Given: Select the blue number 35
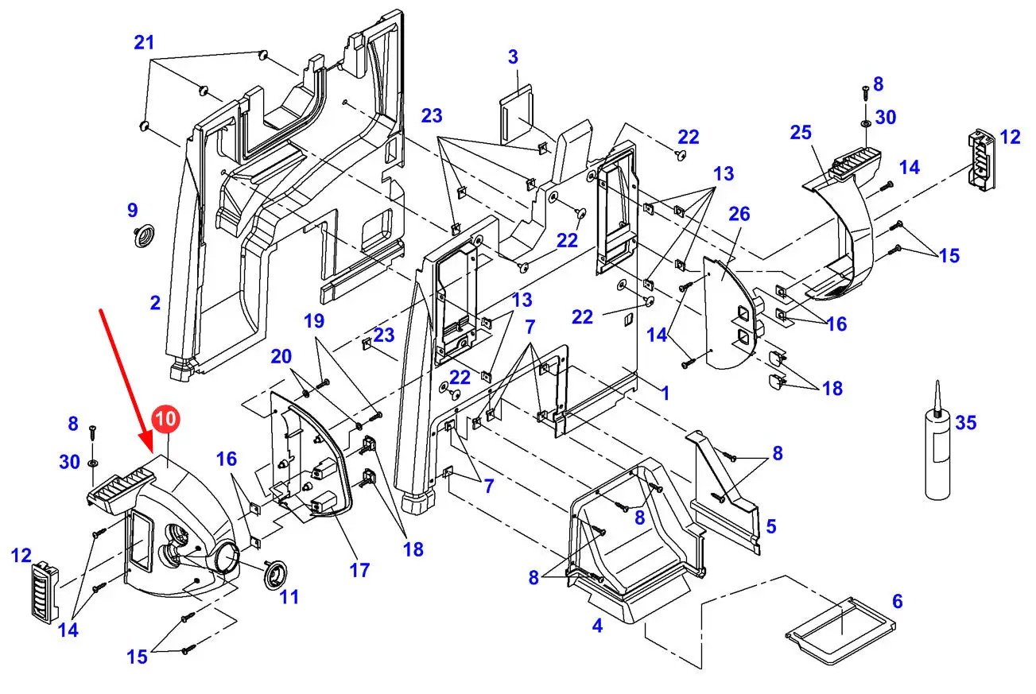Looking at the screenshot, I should (965, 422).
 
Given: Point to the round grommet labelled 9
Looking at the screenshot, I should (144, 236).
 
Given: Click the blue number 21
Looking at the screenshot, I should (144, 43).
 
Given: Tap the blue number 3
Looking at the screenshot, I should (513, 57).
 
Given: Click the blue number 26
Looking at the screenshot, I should (739, 214).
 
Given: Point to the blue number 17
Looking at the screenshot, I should (359, 569).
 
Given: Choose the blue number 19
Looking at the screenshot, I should (314, 321).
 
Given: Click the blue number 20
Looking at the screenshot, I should (281, 357).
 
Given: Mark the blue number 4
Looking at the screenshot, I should (596, 626).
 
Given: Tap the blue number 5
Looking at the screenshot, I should (770, 526).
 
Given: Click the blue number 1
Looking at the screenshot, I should (665, 392).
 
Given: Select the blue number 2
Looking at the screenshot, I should (155, 302).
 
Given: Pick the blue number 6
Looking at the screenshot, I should (897, 601).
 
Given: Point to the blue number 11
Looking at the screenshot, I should (289, 595).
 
